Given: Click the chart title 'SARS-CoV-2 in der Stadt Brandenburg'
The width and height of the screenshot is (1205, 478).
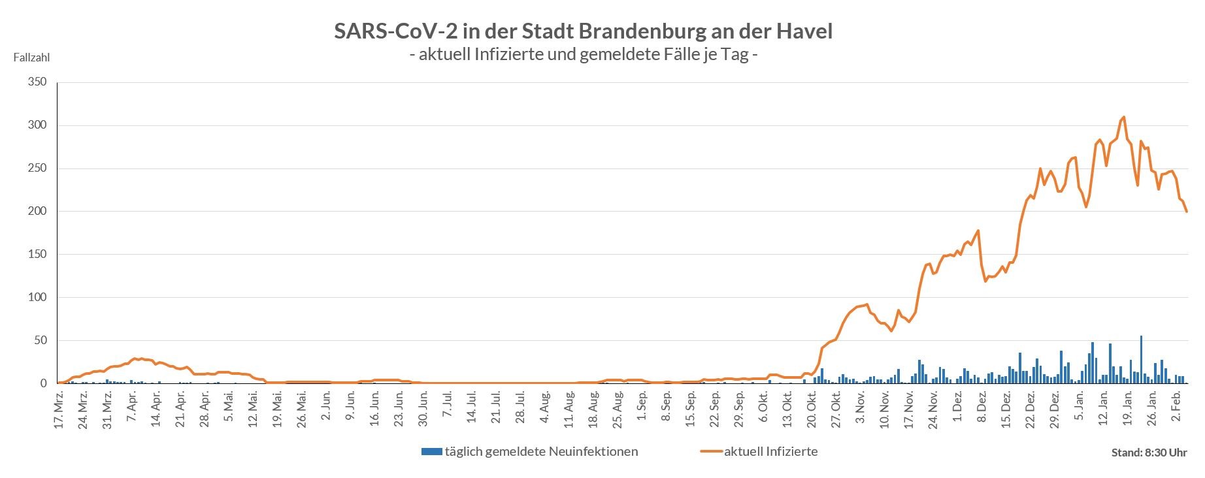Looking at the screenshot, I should pos(583,31).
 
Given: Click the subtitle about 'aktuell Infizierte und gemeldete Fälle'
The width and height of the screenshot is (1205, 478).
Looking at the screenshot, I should pos(583,55).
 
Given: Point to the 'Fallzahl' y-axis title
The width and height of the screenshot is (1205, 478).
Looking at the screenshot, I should pos(31,57).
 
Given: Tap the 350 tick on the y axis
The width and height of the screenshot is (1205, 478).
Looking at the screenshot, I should pos(37,82).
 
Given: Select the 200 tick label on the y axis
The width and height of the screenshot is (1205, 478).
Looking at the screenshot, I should pos(37,212).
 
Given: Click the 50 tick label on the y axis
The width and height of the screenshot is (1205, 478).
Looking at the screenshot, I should pos(41,341).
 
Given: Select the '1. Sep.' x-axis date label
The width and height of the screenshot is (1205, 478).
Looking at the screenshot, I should pos(642,410).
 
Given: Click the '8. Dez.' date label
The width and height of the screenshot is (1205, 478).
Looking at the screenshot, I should pos(982,410).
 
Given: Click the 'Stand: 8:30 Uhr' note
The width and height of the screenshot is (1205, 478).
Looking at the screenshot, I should pos(1149,453).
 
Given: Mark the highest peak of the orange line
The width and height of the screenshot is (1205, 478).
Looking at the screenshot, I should pos(1123,118).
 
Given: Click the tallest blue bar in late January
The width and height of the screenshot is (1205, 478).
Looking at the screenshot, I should pos(1141,359).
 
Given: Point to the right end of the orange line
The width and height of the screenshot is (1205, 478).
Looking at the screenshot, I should pos(1187,212).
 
